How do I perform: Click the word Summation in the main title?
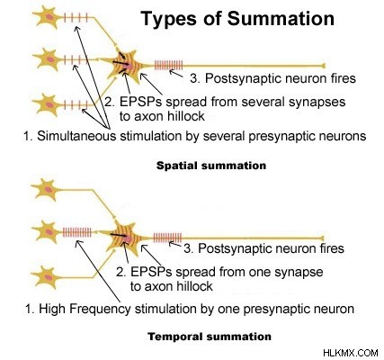click(x=281, y=18)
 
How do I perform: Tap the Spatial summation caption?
click(x=211, y=166)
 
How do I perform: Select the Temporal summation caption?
click(x=210, y=337)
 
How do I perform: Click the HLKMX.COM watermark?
click(x=351, y=353)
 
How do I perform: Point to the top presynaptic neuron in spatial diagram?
click(x=49, y=17)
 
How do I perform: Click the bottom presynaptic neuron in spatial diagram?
click(x=49, y=104)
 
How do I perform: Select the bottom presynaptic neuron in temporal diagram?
click(x=48, y=277)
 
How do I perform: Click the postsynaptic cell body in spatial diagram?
click(x=128, y=66)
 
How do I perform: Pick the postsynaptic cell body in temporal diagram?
click(x=128, y=238)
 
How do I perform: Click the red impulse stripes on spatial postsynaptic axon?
click(x=168, y=65)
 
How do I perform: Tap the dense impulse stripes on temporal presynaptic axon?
click(x=77, y=232)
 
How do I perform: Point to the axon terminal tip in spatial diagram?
click(x=324, y=66)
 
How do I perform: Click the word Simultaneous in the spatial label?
click(x=76, y=136)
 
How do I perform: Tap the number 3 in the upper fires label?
click(x=195, y=78)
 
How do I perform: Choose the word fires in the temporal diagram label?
click(x=329, y=248)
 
